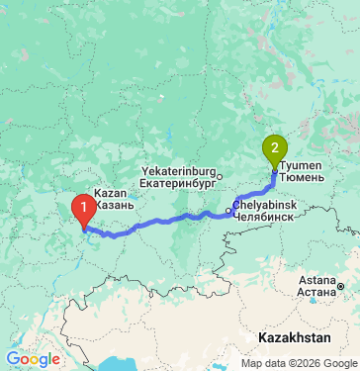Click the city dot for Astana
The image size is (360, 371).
point(339,286)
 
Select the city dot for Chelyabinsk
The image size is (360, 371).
point(229,211)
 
